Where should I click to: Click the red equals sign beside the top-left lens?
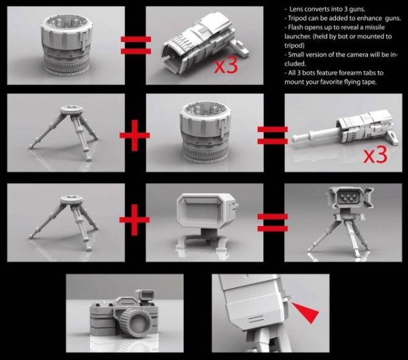[136, 45]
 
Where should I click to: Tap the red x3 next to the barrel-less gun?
[226, 65]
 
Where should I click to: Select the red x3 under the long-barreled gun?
[375, 156]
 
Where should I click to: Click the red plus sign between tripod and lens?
[135, 135]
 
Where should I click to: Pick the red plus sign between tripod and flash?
[135, 220]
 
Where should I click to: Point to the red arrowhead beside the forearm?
[307, 312]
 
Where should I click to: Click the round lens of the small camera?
[137, 323]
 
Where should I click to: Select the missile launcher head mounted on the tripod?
[350, 199]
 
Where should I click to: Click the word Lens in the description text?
[296, 9]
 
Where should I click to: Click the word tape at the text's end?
[369, 82]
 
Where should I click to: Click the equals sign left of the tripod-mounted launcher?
[273, 223]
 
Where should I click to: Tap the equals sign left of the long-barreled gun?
[273, 135]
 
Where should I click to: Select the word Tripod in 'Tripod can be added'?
[296, 18]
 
